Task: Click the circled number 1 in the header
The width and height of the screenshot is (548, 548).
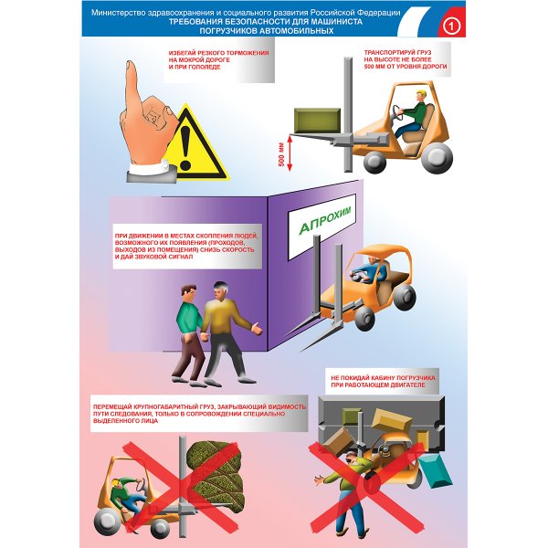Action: pos(451,26)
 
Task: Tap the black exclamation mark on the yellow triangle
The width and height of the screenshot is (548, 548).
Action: pos(185,148)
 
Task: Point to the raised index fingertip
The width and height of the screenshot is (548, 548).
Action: pos(131,67)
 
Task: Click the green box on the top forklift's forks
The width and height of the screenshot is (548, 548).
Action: pos(317,120)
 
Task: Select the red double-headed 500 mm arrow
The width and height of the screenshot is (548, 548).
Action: pos(290,153)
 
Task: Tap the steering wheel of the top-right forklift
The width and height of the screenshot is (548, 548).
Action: pos(398,113)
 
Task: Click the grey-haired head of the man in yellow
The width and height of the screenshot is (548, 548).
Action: pos(221,290)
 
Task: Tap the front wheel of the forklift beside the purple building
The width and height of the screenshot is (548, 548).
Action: pos(364,319)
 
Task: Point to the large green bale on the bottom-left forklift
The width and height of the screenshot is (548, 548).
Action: pos(216,470)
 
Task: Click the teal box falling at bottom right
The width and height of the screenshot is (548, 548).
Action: pos(436,472)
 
